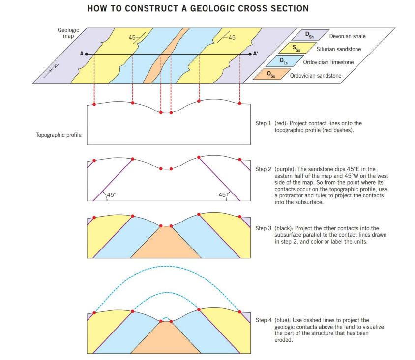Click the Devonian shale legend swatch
click(x=309, y=35)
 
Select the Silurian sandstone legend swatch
click(x=296, y=48)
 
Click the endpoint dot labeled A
click(x=86, y=54)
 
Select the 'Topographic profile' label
click(x=59, y=134)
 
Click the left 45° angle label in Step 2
click(x=112, y=195)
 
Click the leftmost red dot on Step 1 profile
click(x=94, y=104)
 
